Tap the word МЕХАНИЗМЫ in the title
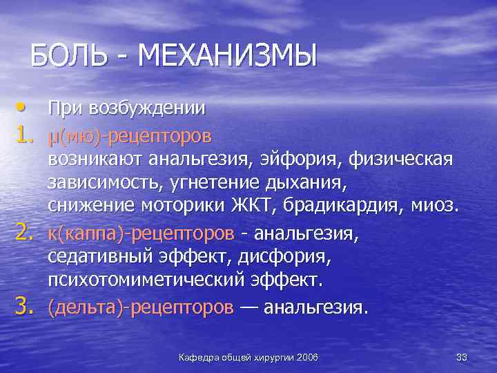[227, 55]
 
